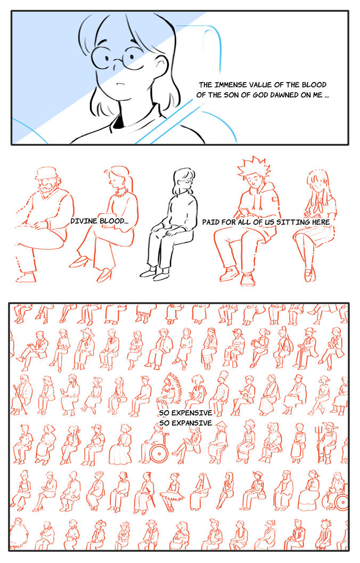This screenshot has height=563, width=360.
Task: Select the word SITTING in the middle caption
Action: click(293, 222)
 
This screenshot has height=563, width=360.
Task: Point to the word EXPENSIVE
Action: click(192, 413)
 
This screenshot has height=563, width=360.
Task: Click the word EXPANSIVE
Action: click(192, 423)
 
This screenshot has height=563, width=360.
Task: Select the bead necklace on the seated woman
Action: click(120, 193)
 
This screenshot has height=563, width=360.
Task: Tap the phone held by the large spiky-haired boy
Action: click(245, 210)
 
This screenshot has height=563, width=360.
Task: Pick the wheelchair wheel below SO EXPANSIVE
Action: click(159, 453)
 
